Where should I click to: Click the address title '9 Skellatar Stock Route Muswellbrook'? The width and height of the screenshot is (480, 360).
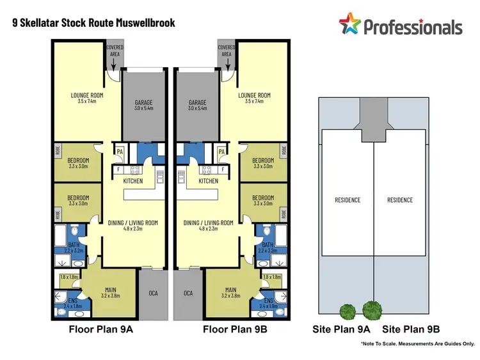coord(94,23)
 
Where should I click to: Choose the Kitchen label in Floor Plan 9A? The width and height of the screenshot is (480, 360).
coord(132,181)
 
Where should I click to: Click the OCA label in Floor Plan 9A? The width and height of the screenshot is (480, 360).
coord(154,293)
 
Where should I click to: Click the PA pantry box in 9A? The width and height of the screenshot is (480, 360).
coord(119,151)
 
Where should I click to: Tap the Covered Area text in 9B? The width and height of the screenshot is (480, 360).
coord(227,51)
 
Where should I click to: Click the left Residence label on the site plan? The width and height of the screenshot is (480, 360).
coord(348,200)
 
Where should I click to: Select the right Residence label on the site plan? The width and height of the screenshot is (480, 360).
coord(400,200)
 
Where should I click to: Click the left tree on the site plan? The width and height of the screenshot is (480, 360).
coord(348,311)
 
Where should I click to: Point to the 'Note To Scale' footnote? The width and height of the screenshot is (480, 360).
coord(417,344)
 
